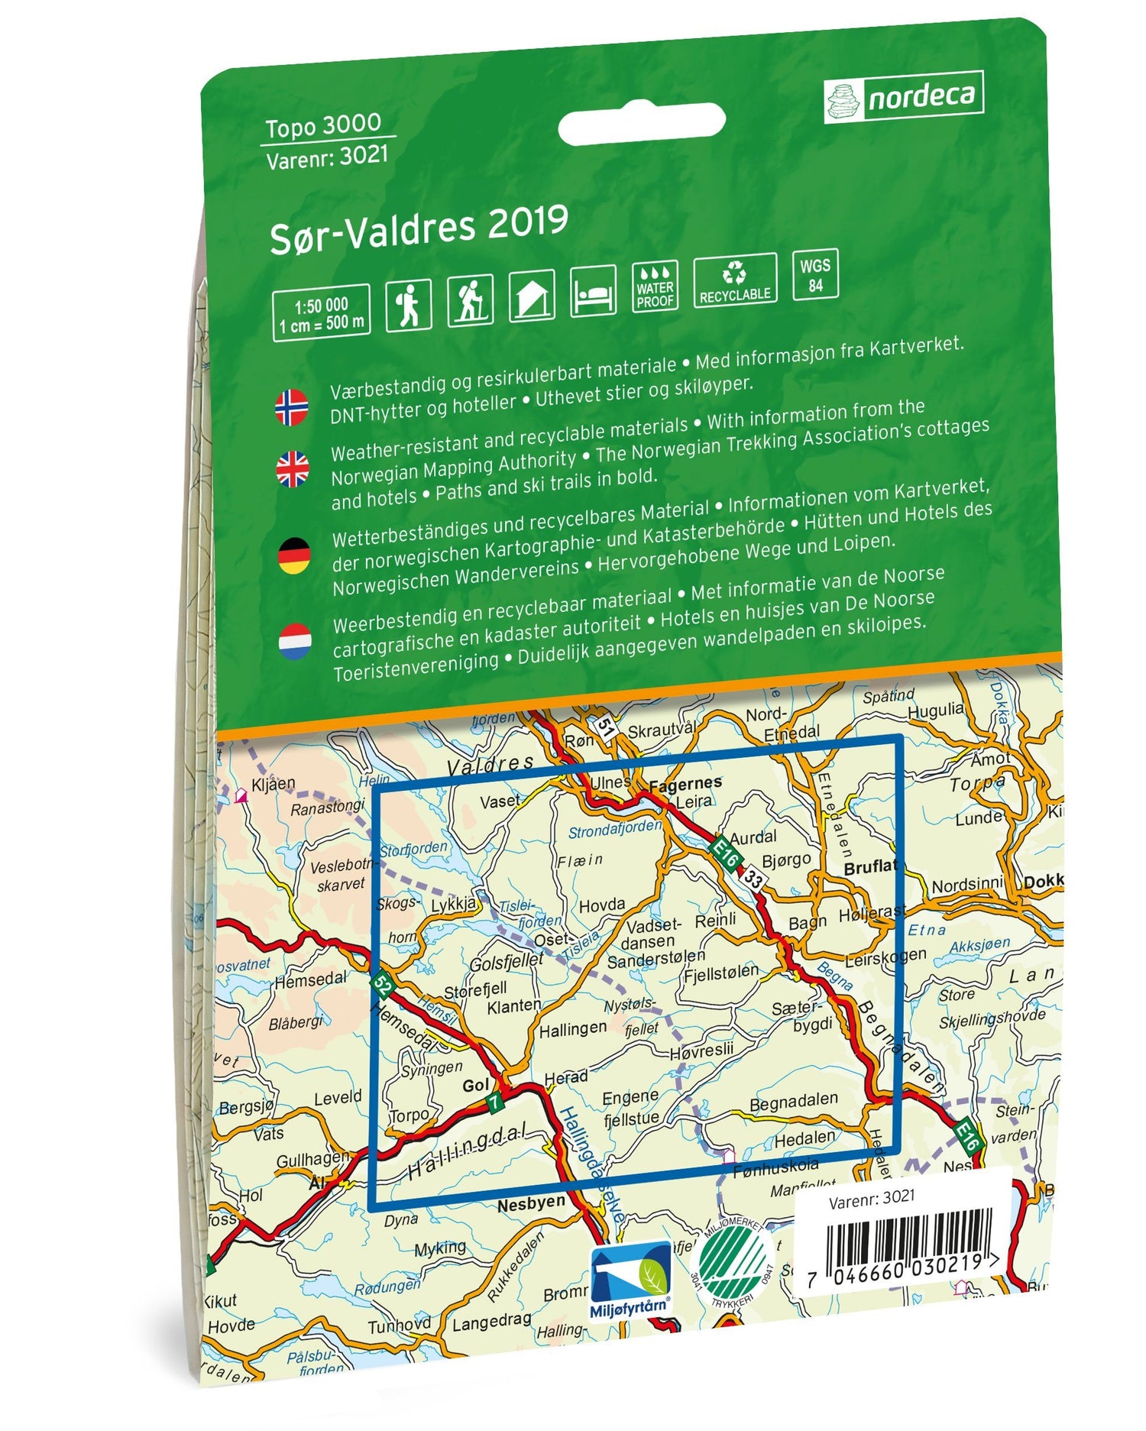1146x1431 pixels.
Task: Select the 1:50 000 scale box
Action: [321, 312]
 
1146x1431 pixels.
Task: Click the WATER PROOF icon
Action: [655, 287]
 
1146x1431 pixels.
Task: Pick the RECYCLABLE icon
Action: [735, 281]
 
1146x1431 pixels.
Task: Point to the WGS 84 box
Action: [815, 274]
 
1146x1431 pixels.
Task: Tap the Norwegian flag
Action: [292, 406]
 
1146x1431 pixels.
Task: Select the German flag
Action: [293, 555]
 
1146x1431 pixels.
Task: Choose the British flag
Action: [293, 468]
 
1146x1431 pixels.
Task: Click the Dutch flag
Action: [294, 641]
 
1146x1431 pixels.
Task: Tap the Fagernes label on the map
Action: [685, 783]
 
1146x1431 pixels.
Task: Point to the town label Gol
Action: [475, 1085]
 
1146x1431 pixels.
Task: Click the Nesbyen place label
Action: [531, 1205]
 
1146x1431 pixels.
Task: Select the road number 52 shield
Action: [384, 986]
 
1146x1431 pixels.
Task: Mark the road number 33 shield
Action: [753, 879]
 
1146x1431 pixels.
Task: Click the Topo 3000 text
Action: [322, 125]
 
